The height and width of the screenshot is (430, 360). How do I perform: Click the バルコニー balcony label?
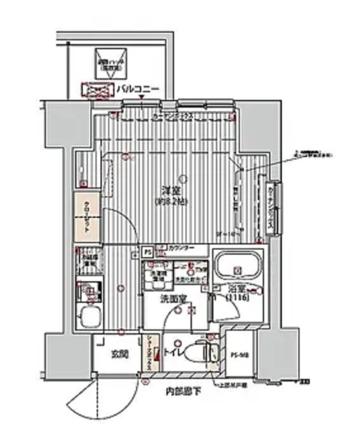click(x=137, y=89)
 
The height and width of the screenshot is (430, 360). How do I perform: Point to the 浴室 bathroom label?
click(x=235, y=289)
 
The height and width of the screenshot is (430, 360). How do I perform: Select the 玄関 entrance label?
click(x=119, y=354)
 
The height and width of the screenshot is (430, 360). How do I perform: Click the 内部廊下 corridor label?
click(x=184, y=392)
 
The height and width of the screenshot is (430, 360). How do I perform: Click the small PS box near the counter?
click(x=147, y=251)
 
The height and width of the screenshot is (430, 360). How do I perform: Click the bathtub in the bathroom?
click(x=238, y=266)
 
